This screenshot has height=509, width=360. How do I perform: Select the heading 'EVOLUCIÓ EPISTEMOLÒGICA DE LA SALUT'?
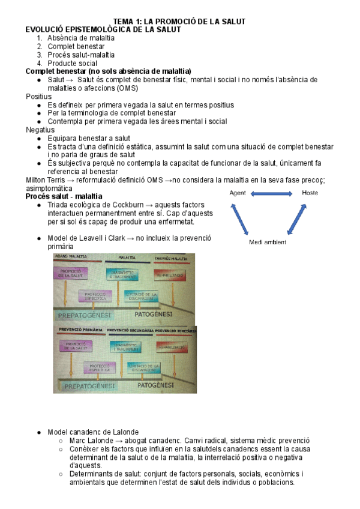coord(103,29)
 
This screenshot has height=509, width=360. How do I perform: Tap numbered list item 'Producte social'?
coord(72,63)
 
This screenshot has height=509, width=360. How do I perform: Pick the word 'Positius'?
coord(39,97)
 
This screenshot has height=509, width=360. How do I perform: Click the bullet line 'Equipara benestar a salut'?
coord(88,138)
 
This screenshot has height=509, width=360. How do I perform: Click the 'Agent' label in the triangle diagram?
coord(238,193)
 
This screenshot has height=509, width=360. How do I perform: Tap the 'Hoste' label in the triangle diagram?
coord(310,193)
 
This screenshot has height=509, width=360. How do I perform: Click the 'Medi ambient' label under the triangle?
coord(268,242)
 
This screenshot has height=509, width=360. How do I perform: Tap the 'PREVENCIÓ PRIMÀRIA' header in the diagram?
coord(79,330)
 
